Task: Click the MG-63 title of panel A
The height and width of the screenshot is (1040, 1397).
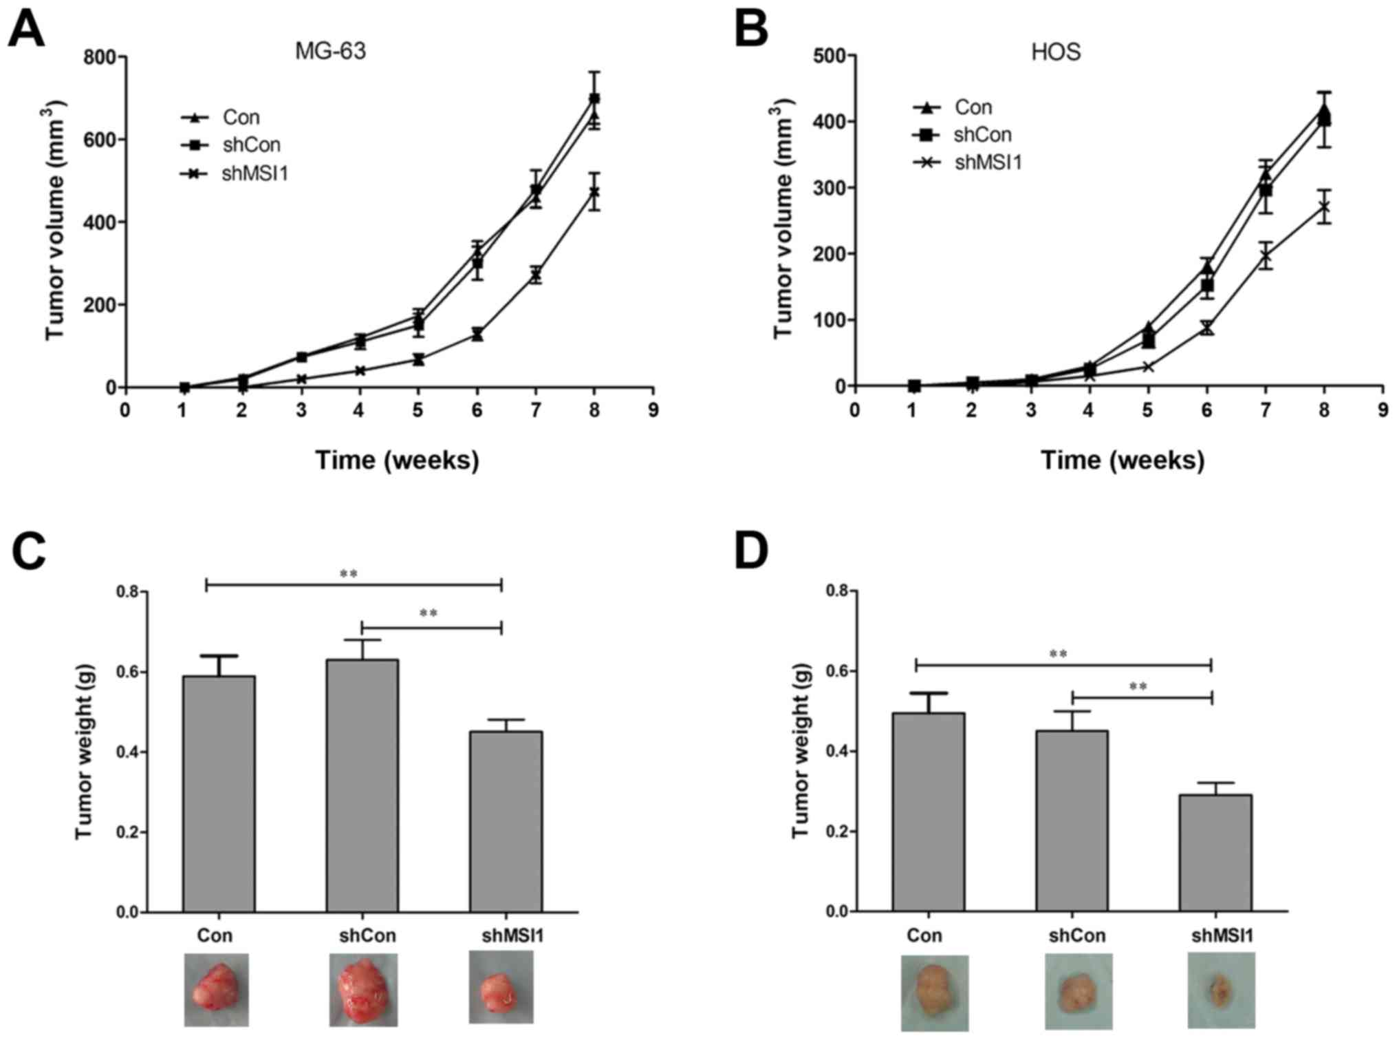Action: coord(330,51)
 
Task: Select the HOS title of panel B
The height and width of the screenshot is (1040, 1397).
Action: coord(1056,52)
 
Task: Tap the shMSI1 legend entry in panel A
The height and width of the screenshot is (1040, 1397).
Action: coord(255,173)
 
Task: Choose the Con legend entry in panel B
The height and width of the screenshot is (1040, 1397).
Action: coord(973,107)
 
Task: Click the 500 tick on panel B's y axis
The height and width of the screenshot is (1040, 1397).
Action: coord(829,56)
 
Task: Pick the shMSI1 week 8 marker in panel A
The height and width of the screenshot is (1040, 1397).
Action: coord(594,192)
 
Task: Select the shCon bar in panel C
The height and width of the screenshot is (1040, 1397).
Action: coord(362,785)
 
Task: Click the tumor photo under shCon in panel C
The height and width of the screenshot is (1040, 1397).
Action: coord(362,990)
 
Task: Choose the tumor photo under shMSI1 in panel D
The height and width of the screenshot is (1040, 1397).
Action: coord(1221,990)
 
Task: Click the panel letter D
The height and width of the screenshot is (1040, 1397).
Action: coord(751,551)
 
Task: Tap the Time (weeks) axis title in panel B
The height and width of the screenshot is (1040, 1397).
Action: coord(1123,460)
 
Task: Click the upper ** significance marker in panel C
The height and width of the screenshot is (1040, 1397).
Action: coord(349,574)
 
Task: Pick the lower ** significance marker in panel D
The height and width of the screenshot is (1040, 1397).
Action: coord(1138,687)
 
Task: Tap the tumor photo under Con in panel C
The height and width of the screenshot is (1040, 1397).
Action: coord(216,990)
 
